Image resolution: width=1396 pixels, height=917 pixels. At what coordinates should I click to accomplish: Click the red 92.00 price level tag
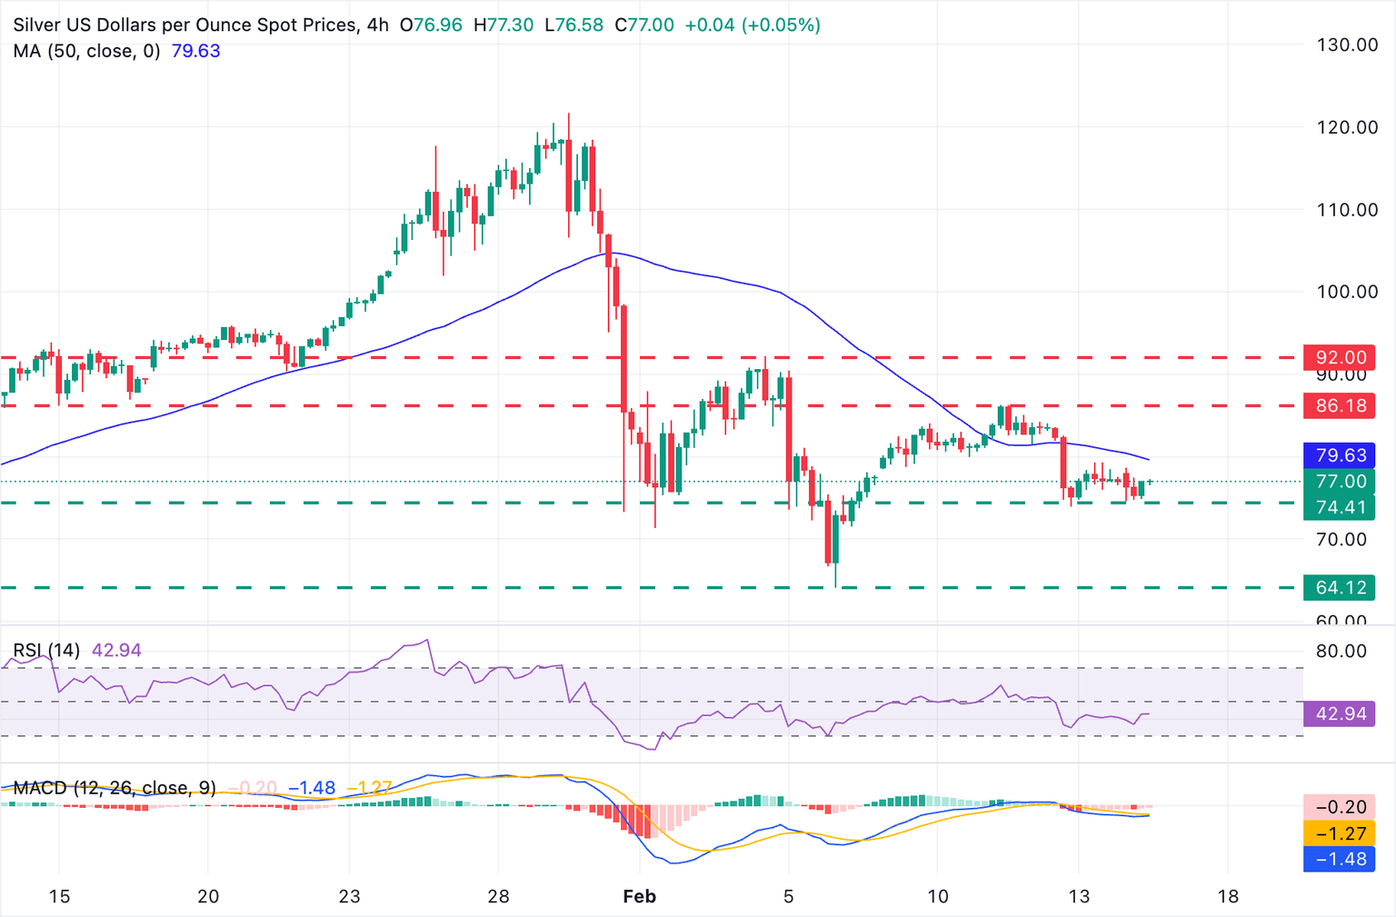click(x=1341, y=357)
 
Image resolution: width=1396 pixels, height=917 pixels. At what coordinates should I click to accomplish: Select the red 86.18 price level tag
click(x=1341, y=405)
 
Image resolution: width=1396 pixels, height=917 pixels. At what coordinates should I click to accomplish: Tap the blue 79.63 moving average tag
click(x=1341, y=455)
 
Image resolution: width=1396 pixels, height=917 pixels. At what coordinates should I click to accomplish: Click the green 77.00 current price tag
click(x=1341, y=481)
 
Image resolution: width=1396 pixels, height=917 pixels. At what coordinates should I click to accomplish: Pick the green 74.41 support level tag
click(x=1341, y=507)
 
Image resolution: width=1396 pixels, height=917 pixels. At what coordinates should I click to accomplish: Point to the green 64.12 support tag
click(x=1341, y=587)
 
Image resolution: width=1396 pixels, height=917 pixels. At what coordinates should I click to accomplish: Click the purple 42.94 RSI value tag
click(x=1341, y=713)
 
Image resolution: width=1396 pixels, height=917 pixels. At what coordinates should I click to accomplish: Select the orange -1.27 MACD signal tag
click(x=1341, y=833)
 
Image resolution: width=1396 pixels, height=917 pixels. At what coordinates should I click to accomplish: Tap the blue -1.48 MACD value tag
click(x=1341, y=859)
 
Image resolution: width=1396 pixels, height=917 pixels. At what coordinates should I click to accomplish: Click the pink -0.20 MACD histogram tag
click(x=1341, y=807)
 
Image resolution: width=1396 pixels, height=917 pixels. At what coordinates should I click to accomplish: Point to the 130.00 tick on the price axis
click(x=1347, y=45)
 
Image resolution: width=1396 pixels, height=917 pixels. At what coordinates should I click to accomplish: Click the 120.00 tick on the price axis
click(x=1347, y=127)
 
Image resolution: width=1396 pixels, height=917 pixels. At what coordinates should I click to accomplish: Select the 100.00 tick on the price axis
click(x=1347, y=292)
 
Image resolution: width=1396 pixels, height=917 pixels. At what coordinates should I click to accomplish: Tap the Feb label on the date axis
click(x=639, y=897)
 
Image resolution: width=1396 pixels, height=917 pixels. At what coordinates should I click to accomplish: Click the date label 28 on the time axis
click(x=498, y=897)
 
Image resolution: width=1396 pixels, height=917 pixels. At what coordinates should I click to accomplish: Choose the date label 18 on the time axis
click(x=1228, y=897)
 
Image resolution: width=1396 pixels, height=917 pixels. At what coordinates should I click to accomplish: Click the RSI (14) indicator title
click(x=46, y=650)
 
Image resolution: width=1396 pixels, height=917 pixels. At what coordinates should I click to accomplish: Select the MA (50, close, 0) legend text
click(x=86, y=51)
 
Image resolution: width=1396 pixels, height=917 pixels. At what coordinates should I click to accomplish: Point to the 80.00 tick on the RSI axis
click(x=1341, y=651)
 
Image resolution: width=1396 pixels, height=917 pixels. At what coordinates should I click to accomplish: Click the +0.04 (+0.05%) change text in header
click(x=753, y=25)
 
